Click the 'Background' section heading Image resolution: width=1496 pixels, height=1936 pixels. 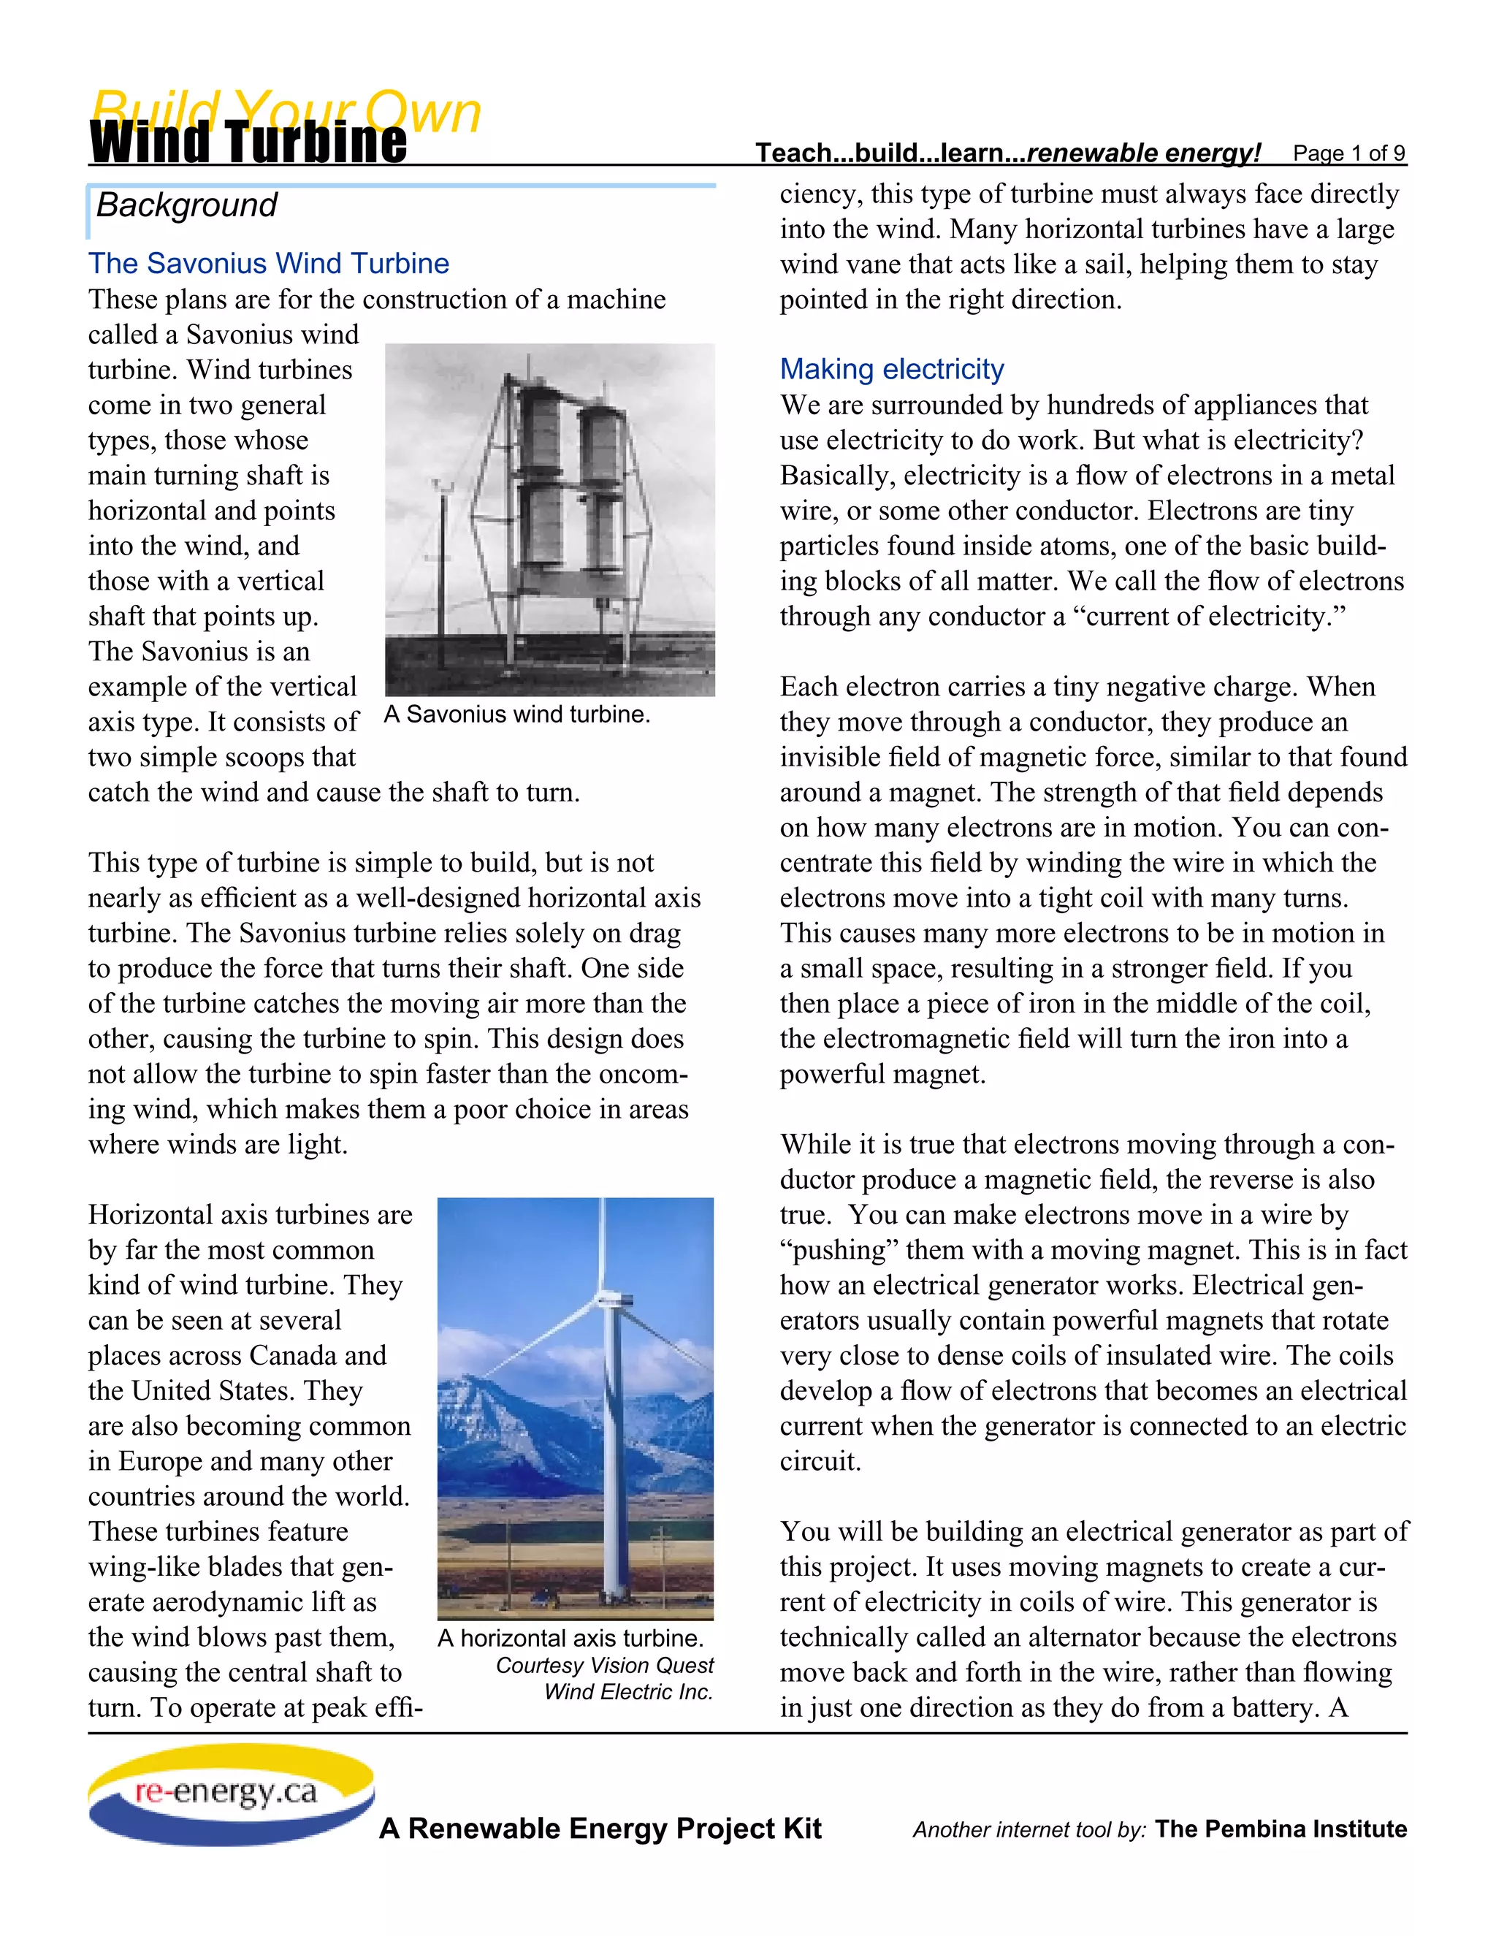186,205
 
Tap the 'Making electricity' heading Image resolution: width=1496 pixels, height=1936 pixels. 892,369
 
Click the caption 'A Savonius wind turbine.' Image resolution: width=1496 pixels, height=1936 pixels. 516,714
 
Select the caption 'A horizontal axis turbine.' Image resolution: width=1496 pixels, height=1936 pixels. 570,1638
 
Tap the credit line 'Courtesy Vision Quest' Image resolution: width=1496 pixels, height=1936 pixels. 604,1666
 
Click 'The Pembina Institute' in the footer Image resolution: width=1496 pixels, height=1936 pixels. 1281,1829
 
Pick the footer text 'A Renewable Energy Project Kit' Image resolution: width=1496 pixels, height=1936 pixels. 600,1829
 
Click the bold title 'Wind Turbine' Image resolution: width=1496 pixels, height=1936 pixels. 248,144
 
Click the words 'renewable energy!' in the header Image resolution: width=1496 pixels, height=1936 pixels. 1143,153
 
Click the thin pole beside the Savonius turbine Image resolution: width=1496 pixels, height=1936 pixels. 441,568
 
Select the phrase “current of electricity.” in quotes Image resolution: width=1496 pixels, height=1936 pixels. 1209,616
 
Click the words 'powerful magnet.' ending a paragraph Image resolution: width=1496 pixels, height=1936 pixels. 882,1075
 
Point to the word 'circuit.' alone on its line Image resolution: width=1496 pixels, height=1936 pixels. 820,1462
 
